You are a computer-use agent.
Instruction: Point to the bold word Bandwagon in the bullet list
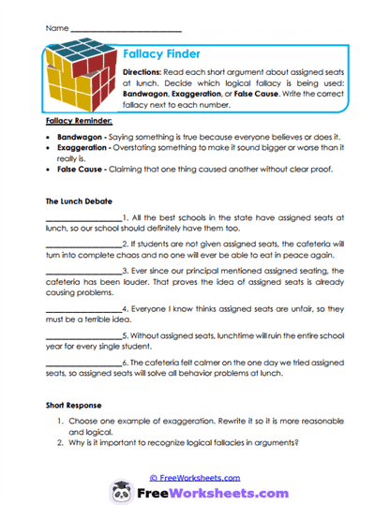pos(80,137)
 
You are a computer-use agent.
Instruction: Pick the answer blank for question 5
pos(83,334)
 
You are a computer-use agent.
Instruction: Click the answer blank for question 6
pos(83,363)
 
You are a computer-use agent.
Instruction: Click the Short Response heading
pos(76,406)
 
